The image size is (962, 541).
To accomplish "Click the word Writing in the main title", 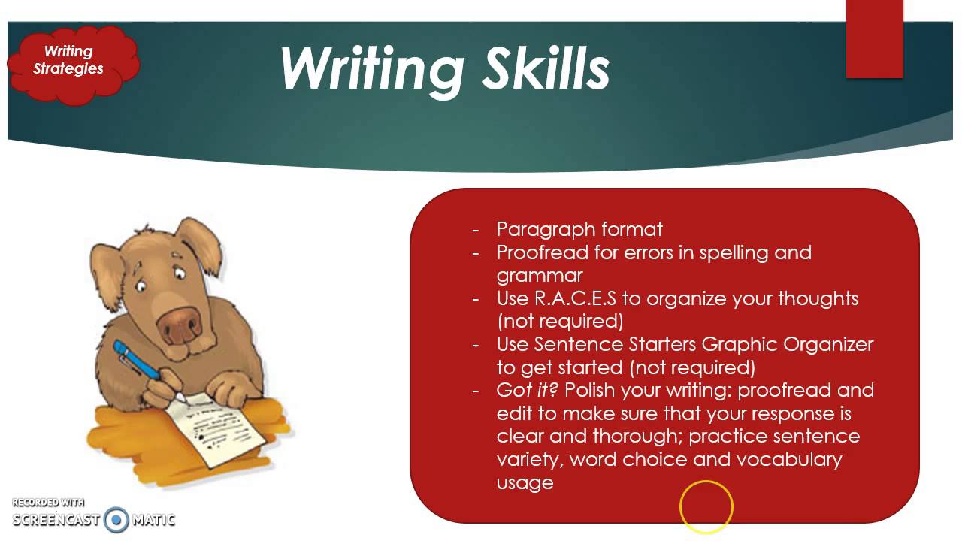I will click(x=370, y=69).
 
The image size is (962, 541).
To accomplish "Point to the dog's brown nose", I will click(x=179, y=323).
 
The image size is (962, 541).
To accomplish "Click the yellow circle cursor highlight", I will click(x=706, y=507).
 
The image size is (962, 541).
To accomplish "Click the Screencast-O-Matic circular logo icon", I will click(x=116, y=519).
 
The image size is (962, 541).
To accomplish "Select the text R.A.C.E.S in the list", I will click(x=575, y=298).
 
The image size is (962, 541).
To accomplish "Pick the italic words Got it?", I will click(x=528, y=390).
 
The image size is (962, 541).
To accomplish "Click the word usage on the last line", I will click(x=525, y=482).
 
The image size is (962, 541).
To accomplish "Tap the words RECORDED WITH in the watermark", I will click(x=48, y=503).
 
